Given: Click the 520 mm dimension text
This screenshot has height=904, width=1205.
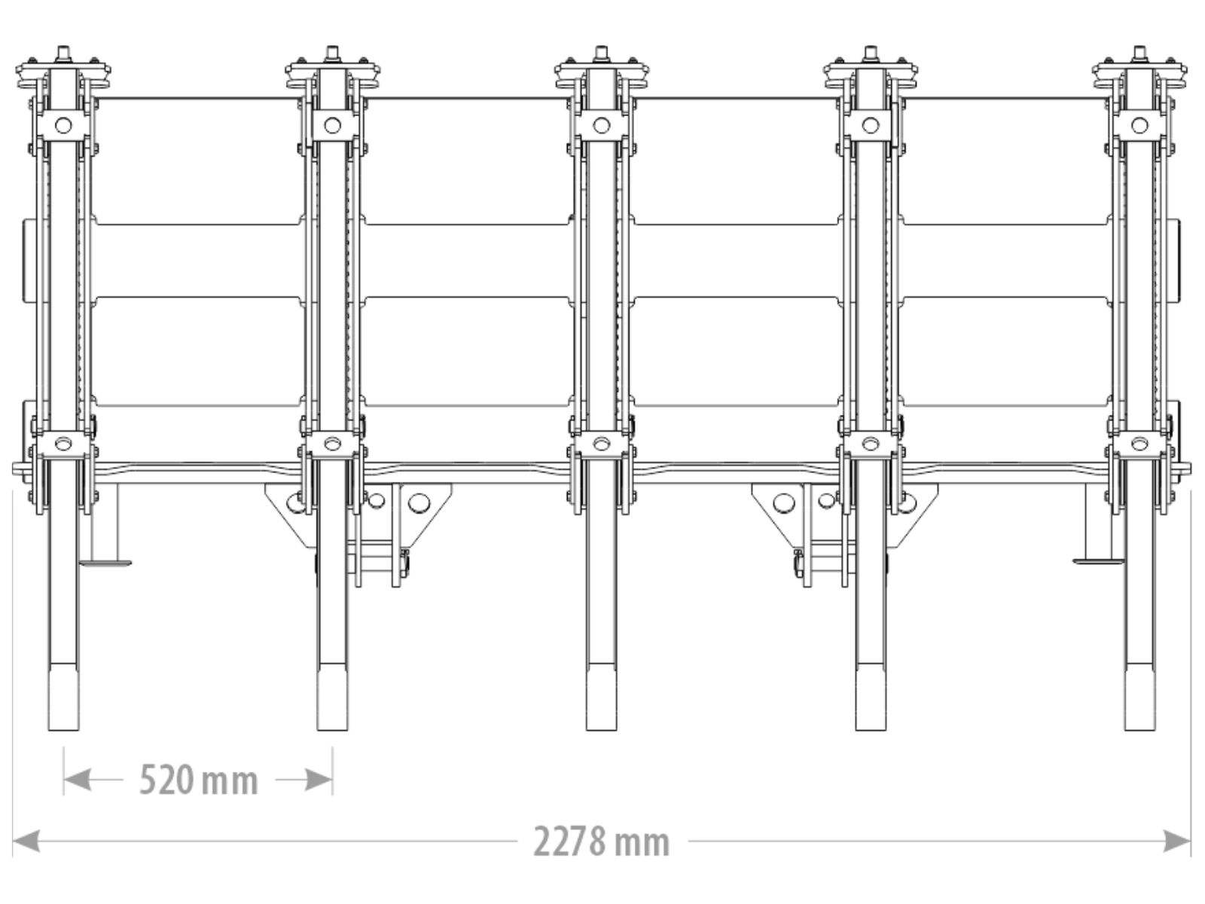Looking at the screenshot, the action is [198, 780].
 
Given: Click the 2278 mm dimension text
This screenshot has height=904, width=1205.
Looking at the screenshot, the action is [601, 841].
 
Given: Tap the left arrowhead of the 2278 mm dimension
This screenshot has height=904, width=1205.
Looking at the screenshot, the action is [26, 841].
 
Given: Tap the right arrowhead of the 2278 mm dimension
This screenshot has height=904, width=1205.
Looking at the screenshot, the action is [1178, 841].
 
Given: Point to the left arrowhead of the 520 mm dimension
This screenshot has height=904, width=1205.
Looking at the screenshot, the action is [77, 780].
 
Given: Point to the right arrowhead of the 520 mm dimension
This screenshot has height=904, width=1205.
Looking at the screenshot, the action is [319, 780].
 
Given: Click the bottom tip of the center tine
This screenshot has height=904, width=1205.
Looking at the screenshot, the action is [601, 730].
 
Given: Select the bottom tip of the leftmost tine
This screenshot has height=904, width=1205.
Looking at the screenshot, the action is [64, 730].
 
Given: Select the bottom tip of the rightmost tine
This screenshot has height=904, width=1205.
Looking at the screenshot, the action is [1139, 730].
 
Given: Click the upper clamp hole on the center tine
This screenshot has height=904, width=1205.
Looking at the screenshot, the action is [601, 126].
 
